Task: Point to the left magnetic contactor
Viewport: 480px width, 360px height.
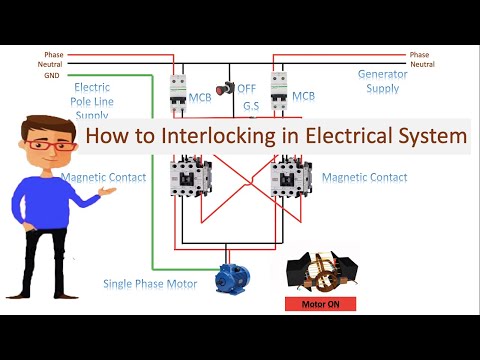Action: point(188,175)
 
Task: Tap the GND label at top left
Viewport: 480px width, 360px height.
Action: point(51,76)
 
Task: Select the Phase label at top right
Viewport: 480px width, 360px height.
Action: point(420,54)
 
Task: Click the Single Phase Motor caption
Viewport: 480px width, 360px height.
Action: point(150,284)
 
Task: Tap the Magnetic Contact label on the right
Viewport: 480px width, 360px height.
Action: point(364,177)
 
